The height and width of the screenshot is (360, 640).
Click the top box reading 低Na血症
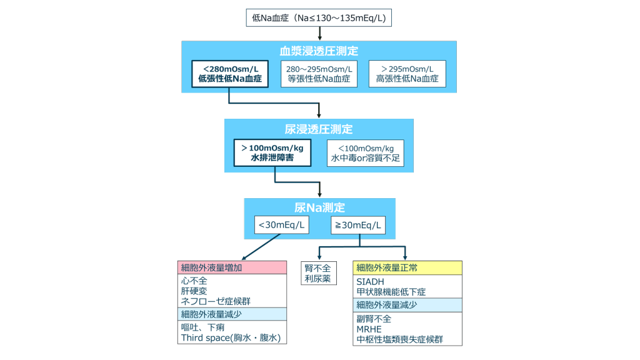point(319,18)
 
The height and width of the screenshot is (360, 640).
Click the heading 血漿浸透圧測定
point(319,51)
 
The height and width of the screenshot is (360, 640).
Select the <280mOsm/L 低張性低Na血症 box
point(229,74)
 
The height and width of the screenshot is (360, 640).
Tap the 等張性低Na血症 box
point(319,74)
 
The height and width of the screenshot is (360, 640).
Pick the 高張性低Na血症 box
point(407,74)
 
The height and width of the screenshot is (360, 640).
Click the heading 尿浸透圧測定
point(319,129)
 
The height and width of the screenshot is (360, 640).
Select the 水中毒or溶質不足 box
point(365,153)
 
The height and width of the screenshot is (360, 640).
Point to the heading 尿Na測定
point(319,207)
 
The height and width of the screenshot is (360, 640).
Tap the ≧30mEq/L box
point(357,225)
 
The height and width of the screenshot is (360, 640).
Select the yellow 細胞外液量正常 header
point(407,267)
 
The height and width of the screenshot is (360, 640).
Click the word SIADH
point(370,282)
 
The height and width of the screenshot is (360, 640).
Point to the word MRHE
point(369,329)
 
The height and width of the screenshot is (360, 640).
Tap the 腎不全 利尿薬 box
point(317,273)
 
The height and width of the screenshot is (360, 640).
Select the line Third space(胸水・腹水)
point(231,337)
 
